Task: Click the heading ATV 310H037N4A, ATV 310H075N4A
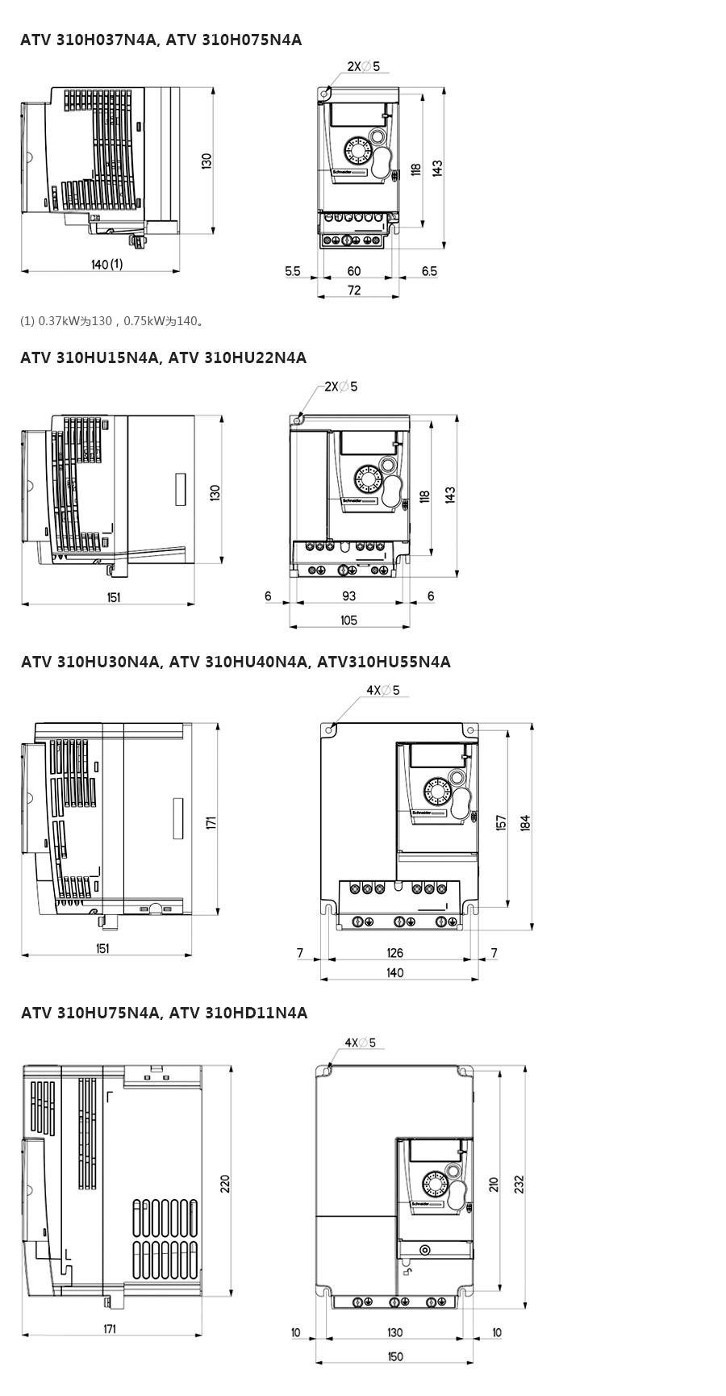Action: pyautogui.click(x=161, y=40)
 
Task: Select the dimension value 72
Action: pyautogui.click(x=354, y=290)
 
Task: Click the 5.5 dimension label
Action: pyautogui.click(x=292, y=271)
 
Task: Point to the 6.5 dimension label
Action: pyautogui.click(x=429, y=271)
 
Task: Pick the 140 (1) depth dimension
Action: pyautogui.click(x=106, y=264)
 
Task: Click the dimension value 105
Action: pyautogui.click(x=348, y=621)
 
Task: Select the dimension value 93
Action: pyautogui.click(x=348, y=596)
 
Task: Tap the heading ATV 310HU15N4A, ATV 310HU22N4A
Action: pyautogui.click(x=164, y=357)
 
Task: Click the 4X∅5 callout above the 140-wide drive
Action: pyautogui.click(x=383, y=690)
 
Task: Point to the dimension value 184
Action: pyautogui.click(x=525, y=822)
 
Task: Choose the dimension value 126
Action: pyautogui.click(x=394, y=953)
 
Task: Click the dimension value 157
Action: pyautogui.click(x=501, y=822)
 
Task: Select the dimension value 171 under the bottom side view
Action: pyautogui.click(x=110, y=1329)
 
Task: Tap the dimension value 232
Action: pyautogui.click(x=519, y=1184)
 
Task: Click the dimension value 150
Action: pyautogui.click(x=394, y=1356)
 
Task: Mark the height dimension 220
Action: pyautogui.click(x=225, y=1184)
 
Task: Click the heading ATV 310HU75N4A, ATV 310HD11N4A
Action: pyautogui.click(x=165, y=1013)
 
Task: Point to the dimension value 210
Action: pyautogui.click(x=494, y=1184)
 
